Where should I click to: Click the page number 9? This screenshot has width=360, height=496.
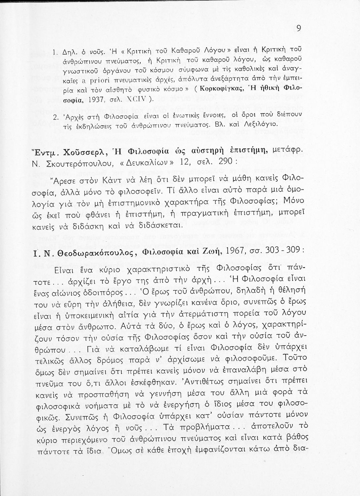[298, 29]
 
